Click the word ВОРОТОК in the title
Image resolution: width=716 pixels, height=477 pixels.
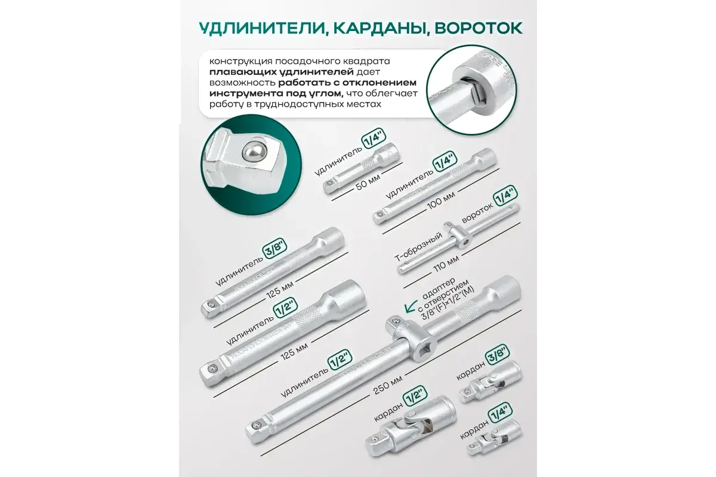coord(478,28)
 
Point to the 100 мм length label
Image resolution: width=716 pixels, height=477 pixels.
coord(441,202)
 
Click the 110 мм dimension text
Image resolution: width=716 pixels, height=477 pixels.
coord(446,264)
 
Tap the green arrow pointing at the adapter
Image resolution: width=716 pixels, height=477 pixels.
coord(410,306)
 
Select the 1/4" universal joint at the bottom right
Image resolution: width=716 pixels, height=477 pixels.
coord(494,438)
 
